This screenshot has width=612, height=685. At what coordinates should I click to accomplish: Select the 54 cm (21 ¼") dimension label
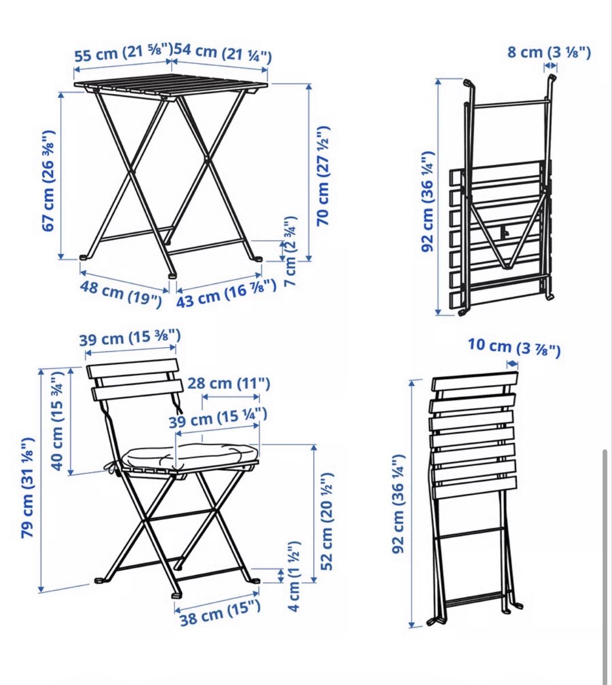pyautogui.click(x=223, y=53)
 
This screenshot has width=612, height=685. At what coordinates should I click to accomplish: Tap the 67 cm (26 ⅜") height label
pyautogui.click(x=48, y=180)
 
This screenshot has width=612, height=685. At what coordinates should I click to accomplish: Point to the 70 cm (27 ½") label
pyautogui.click(x=323, y=176)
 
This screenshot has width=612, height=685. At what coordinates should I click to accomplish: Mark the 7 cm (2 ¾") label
pyautogui.click(x=291, y=251)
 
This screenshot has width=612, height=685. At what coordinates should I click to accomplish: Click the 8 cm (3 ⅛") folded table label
pyautogui.click(x=549, y=53)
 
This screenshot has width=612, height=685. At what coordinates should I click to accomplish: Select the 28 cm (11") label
pyautogui.click(x=229, y=384)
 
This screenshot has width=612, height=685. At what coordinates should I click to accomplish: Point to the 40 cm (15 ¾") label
pyautogui.click(x=57, y=421)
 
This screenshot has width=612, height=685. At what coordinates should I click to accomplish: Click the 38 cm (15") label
pyautogui.click(x=220, y=613)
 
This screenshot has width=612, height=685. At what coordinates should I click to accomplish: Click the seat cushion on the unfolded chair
pyautogui.click(x=190, y=456)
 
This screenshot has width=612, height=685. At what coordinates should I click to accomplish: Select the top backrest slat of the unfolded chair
pyautogui.click(x=132, y=368)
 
